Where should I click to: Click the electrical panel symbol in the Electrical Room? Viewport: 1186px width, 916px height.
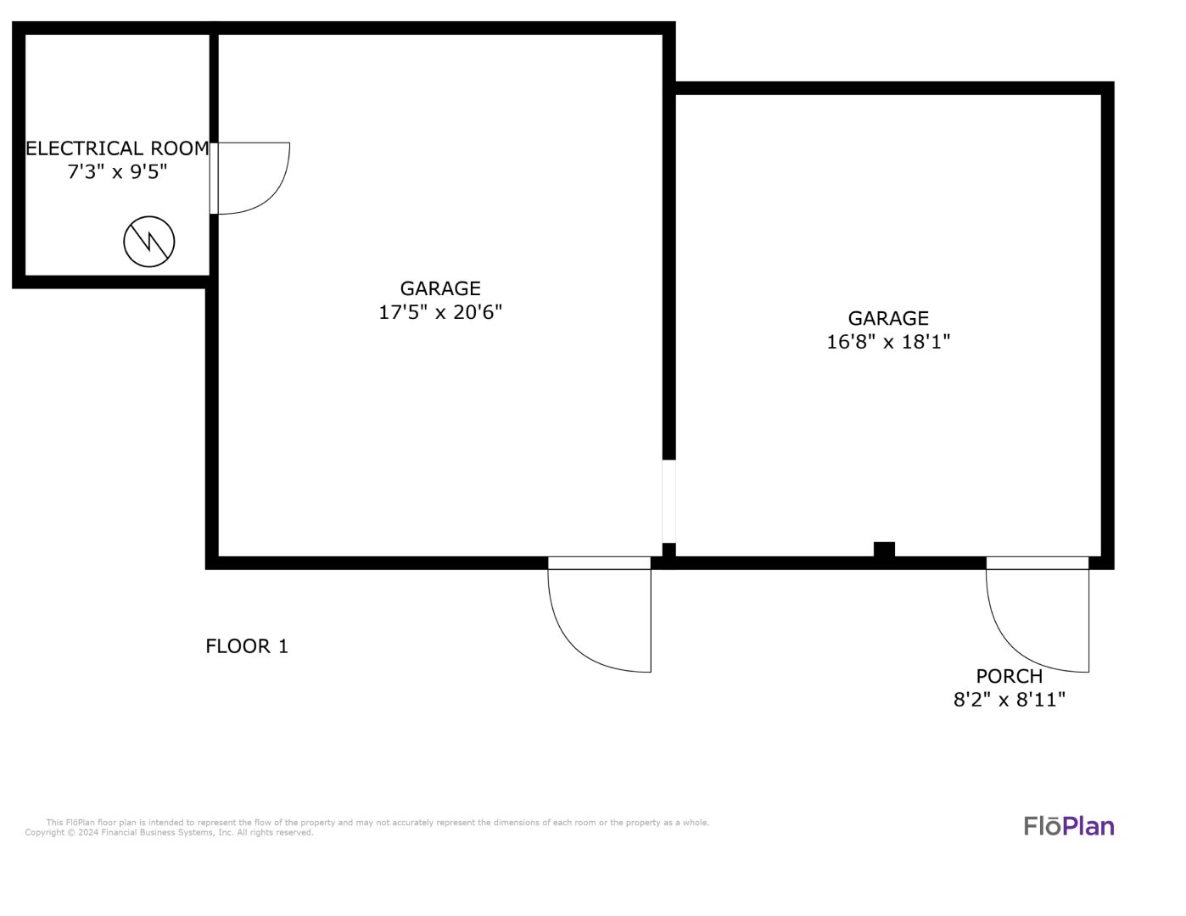149,242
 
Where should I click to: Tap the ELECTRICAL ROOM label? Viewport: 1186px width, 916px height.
117,148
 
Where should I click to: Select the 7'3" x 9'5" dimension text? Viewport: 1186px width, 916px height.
117,172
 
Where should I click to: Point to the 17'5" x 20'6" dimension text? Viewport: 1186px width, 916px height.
440,312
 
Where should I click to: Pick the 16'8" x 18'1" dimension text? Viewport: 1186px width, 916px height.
888,342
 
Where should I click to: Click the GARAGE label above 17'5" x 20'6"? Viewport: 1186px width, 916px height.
440,288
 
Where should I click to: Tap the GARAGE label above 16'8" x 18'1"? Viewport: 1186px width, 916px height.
888,318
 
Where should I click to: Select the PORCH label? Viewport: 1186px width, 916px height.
1010,677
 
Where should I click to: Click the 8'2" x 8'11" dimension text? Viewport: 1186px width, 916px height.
1010,700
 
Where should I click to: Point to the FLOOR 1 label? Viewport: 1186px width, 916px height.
247,646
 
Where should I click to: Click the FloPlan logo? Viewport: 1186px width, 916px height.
1069,827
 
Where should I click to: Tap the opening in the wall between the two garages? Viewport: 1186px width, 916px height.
669,501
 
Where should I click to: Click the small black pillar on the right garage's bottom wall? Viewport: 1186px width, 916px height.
884,550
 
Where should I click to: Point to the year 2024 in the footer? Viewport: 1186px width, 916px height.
88,833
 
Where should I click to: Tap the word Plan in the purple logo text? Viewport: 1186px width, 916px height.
1088,827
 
